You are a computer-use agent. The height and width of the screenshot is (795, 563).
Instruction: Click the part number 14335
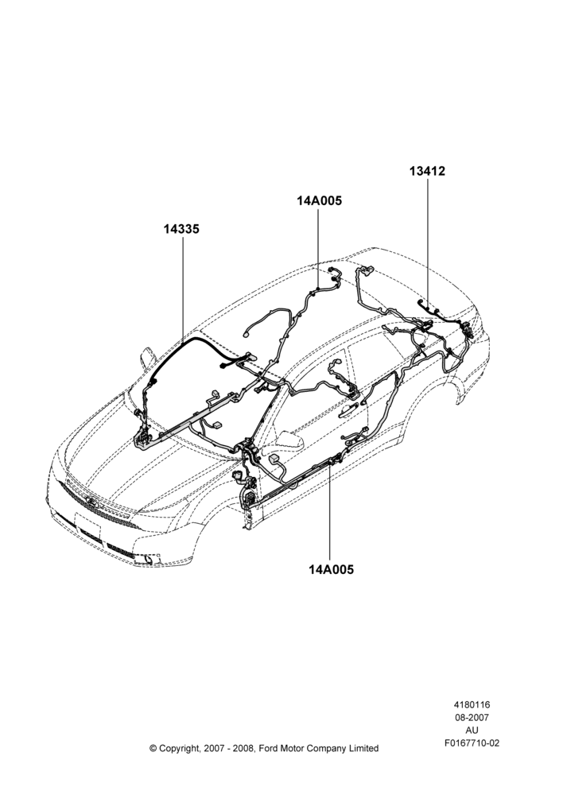click(x=181, y=229)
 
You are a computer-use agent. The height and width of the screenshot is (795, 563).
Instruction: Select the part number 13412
click(x=428, y=172)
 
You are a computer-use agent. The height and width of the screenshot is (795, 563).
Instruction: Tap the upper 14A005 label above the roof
click(x=320, y=201)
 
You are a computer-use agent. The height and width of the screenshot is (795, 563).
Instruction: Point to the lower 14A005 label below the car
click(x=332, y=569)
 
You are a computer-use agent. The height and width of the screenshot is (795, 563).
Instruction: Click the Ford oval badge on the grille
click(x=92, y=502)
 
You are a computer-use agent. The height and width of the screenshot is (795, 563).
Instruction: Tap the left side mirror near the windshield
click(x=146, y=358)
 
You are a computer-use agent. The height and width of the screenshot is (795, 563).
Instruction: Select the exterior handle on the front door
click(x=350, y=408)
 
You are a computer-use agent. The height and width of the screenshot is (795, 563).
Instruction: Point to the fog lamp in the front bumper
click(x=147, y=559)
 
